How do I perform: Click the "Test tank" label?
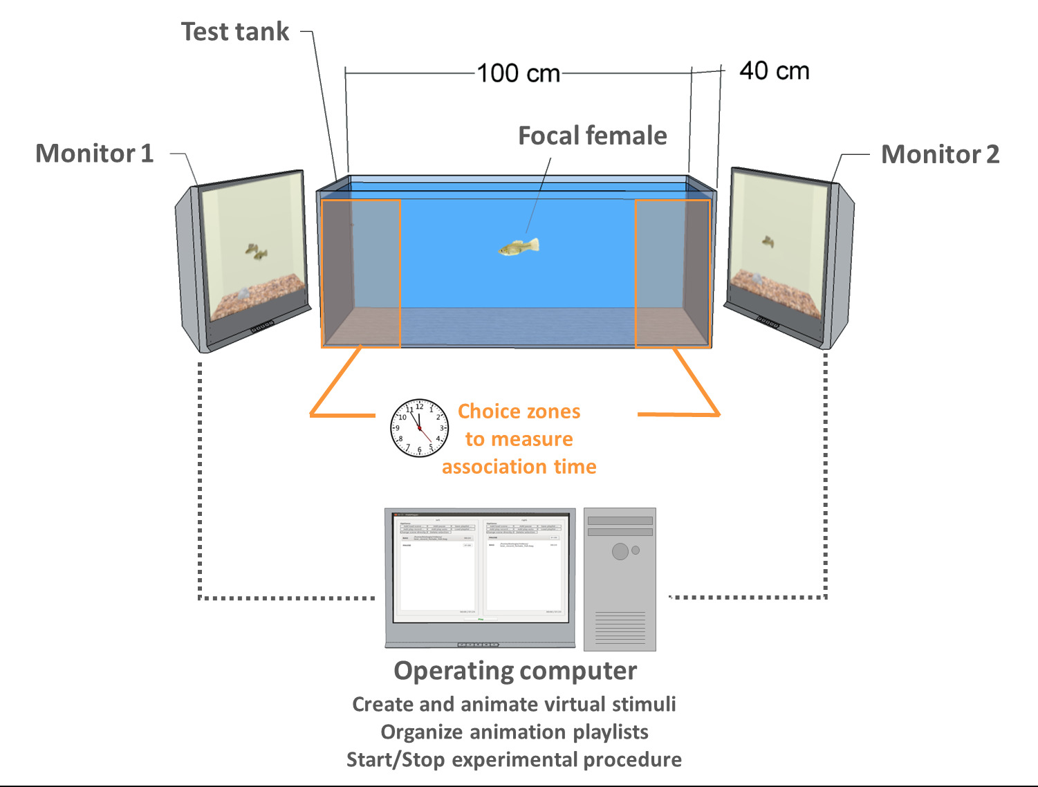click(235, 32)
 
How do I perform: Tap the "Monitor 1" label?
click(94, 154)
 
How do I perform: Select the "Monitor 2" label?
click(940, 154)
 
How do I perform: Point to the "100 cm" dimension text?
click(518, 73)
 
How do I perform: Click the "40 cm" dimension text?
click(774, 71)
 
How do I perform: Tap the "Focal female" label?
click(592, 136)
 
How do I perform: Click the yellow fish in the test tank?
click(519, 247)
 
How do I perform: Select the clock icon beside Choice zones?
click(419, 427)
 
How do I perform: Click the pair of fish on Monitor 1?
click(256, 252)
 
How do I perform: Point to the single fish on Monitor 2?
click(768, 242)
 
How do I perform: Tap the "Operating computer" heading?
click(515, 671)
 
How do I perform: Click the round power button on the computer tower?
click(620, 551)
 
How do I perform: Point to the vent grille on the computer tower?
click(620, 627)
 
